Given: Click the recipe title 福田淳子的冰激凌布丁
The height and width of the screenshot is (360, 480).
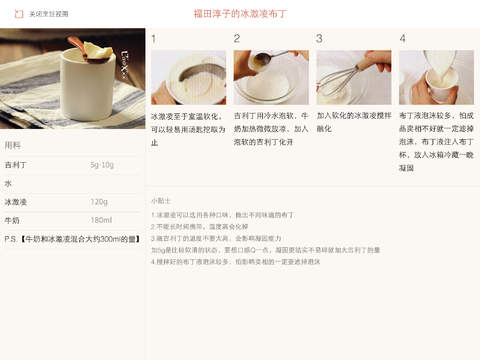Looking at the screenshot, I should click(x=240, y=15).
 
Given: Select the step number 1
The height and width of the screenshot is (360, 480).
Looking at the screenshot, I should click(x=154, y=39).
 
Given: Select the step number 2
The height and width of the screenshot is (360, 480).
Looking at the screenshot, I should click(x=237, y=39).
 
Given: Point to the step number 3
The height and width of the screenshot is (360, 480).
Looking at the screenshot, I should click(x=320, y=39).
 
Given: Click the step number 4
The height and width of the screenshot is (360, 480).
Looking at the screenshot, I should click(x=402, y=39).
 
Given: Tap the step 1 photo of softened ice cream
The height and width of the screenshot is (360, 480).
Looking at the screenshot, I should click(x=188, y=77).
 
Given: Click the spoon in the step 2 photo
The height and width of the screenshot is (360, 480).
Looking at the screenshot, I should click(x=262, y=70).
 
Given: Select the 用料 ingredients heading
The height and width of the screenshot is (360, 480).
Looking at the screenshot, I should click(x=13, y=144).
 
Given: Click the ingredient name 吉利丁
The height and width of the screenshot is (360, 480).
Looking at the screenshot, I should click(x=16, y=165).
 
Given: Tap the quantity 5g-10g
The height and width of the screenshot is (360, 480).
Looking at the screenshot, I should click(x=103, y=165).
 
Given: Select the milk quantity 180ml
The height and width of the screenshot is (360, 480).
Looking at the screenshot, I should click(x=101, y=220).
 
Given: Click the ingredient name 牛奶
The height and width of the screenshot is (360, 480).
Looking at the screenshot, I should click(x=12, y=220).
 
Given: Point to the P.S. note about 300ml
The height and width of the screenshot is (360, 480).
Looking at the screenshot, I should click(x=70, y=240).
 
